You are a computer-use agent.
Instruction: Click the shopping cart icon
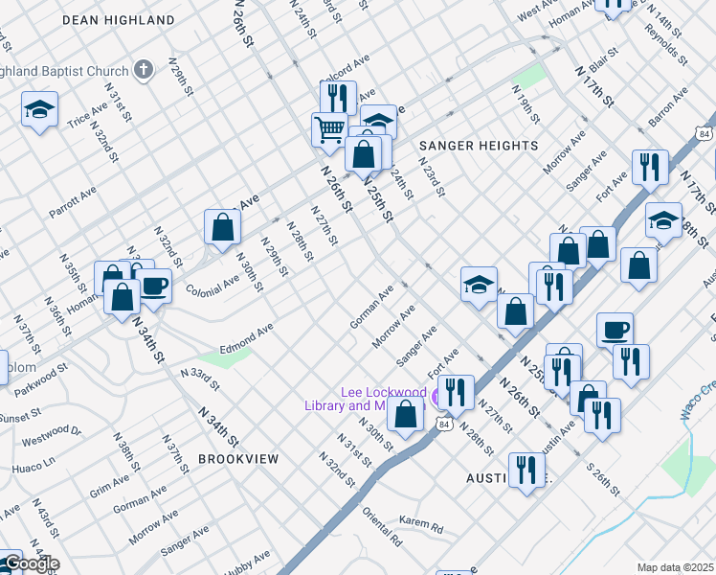(329, 127)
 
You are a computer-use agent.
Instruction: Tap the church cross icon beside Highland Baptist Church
(143, 70)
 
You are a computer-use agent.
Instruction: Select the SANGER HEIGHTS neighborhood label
(479, 145)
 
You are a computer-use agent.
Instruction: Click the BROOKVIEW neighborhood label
(238, 459)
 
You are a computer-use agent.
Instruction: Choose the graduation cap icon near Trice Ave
(40, 110)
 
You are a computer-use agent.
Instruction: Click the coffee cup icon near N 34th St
(153, 284)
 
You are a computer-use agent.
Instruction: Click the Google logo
(31, 563)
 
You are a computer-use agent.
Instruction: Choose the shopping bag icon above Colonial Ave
(222, 227)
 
